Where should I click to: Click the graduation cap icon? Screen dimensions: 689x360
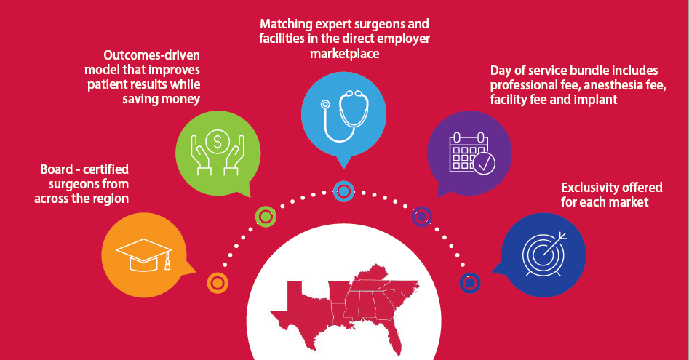[143, 255]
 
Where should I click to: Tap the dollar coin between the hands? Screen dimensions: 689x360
[218, 141]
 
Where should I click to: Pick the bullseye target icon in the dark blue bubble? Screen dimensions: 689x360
[544, 255]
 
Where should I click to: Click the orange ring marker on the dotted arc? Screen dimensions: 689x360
[218, 283]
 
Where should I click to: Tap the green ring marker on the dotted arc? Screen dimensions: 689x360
[266, 217]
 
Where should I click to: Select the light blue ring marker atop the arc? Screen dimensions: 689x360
[343, 191]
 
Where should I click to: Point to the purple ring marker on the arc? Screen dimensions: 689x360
[421, 217]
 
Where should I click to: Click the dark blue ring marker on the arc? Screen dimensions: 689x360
[470, 283]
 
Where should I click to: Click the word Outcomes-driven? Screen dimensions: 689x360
[151, 55]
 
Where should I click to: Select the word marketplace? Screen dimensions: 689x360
[345, 54]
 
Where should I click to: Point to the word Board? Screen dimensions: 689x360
[57, 169]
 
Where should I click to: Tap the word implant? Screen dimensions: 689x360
[594, 100]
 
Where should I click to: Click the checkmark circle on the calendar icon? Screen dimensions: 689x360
[485, 164]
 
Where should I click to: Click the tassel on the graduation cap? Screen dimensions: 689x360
[167, 262]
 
